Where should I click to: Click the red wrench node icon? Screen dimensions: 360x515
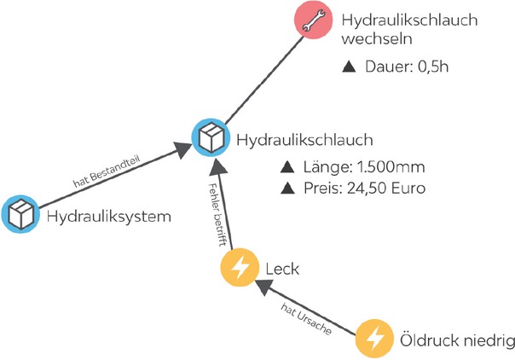pos(313,23)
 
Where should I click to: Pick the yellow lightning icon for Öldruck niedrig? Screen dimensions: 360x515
pos(373,339)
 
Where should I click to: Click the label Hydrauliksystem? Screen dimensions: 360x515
pos(108,216)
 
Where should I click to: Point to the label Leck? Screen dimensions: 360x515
pos(284,270)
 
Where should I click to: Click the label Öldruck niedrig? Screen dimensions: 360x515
pos(457,340)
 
